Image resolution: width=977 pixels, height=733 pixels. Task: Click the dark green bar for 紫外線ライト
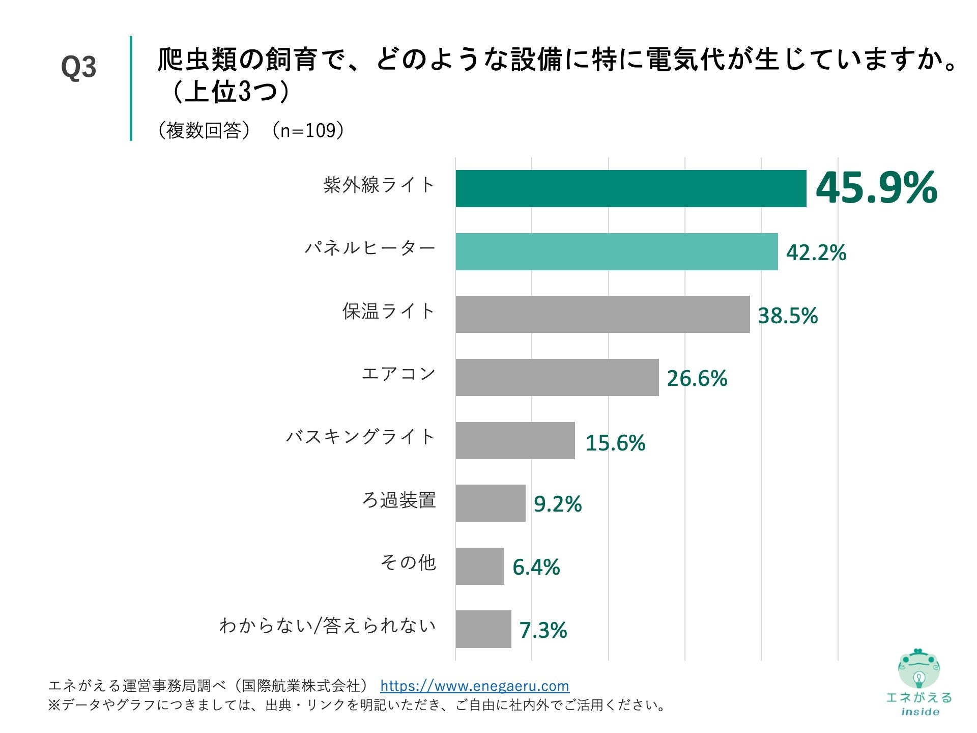tap(631, 189)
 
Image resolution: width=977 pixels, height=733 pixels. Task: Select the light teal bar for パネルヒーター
tap(617, 251)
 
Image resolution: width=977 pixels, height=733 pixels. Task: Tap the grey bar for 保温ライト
tap(602, 315)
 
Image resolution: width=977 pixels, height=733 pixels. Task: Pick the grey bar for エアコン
tap(557, 377)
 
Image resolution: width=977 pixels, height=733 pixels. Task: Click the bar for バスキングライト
tap(515, 440)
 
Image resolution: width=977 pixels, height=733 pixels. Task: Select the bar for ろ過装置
tap(491, 503)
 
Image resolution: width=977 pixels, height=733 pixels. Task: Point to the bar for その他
tap(480, 566)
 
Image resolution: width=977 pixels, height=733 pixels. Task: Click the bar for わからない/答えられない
tap(483, 629)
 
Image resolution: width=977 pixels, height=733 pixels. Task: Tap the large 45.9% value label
tap(876, 188)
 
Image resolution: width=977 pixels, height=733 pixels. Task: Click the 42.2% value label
tap(816, 252)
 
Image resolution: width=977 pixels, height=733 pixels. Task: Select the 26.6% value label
tap(697, 378)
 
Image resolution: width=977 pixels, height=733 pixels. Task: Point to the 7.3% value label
tap(543, 630)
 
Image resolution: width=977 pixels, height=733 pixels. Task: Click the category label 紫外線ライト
tap(379, 185)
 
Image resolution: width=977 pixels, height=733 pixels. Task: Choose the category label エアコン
tap(398, 374)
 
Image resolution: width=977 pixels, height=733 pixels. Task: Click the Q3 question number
tap(78, 67)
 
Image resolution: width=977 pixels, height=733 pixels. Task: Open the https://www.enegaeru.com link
tap(474, 686)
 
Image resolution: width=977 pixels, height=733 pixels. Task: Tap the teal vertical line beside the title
tap(131, 88)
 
